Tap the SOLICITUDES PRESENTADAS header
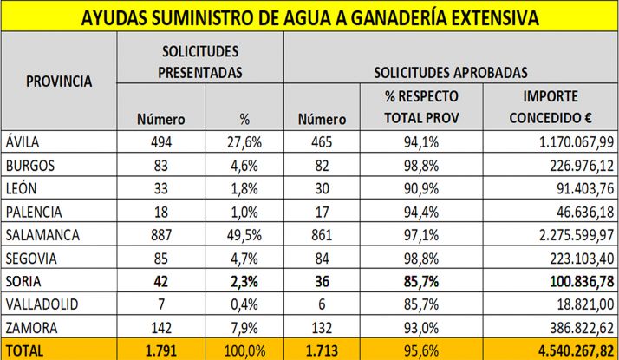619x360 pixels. (199, 62)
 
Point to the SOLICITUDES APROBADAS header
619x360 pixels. (451, 73)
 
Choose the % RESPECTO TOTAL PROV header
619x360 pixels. (420, 107)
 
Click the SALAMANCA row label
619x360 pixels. (42, 235)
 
